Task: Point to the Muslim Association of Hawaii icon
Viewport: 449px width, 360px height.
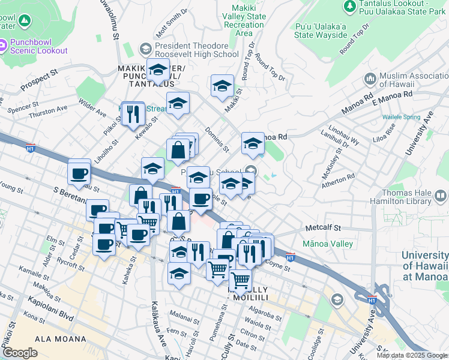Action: [x=370, y=79]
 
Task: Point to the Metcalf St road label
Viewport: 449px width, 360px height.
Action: [x=322, y=228]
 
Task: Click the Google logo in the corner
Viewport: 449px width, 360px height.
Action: [x=20, y=353]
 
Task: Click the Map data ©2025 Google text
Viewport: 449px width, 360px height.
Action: [x=412, y=355]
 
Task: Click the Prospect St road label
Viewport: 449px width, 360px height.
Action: [x=38, y=79]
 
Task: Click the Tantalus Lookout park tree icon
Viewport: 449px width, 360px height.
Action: [x=350, y=6]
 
